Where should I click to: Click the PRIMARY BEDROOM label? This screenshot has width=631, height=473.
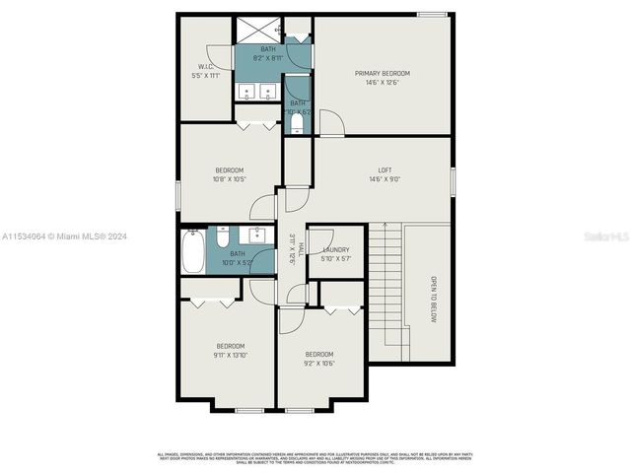point(382,73)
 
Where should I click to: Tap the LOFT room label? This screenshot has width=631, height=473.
point(385,169)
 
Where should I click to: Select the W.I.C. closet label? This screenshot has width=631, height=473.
point(200,67)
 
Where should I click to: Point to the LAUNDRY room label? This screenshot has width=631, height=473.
point(335,249)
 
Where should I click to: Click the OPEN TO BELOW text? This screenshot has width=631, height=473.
point(432,299)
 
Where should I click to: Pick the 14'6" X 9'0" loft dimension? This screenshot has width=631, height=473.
point(385,180)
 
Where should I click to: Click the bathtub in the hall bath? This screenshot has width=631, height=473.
point(193,251)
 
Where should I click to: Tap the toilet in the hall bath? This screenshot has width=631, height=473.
point(224,238)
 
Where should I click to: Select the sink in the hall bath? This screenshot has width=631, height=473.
point(258,236)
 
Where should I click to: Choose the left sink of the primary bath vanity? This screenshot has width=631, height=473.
point(247,93)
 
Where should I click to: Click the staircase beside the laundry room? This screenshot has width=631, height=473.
point(391,286)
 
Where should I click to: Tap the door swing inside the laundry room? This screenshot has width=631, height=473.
point(317,237)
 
